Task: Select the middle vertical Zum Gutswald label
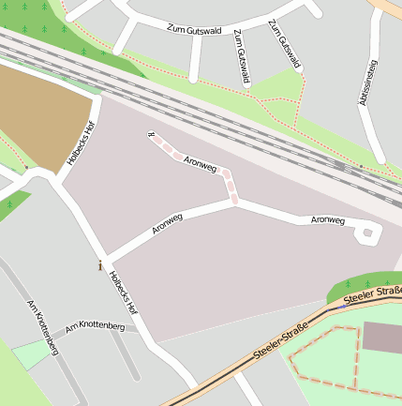click(242, 56)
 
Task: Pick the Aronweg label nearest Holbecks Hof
click(167, 222)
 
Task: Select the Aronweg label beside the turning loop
click(328, 220)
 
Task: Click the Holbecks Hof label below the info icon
click(124, 292)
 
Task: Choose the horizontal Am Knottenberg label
click(95, 326)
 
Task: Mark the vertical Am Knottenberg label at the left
click(43, 327)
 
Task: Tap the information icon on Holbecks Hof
click(99, 265)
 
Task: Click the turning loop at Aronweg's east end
click(370, 233)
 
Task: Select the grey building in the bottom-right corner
click(382, 337)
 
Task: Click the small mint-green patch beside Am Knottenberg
click(32, 353)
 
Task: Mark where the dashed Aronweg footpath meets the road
click(235, 201)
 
